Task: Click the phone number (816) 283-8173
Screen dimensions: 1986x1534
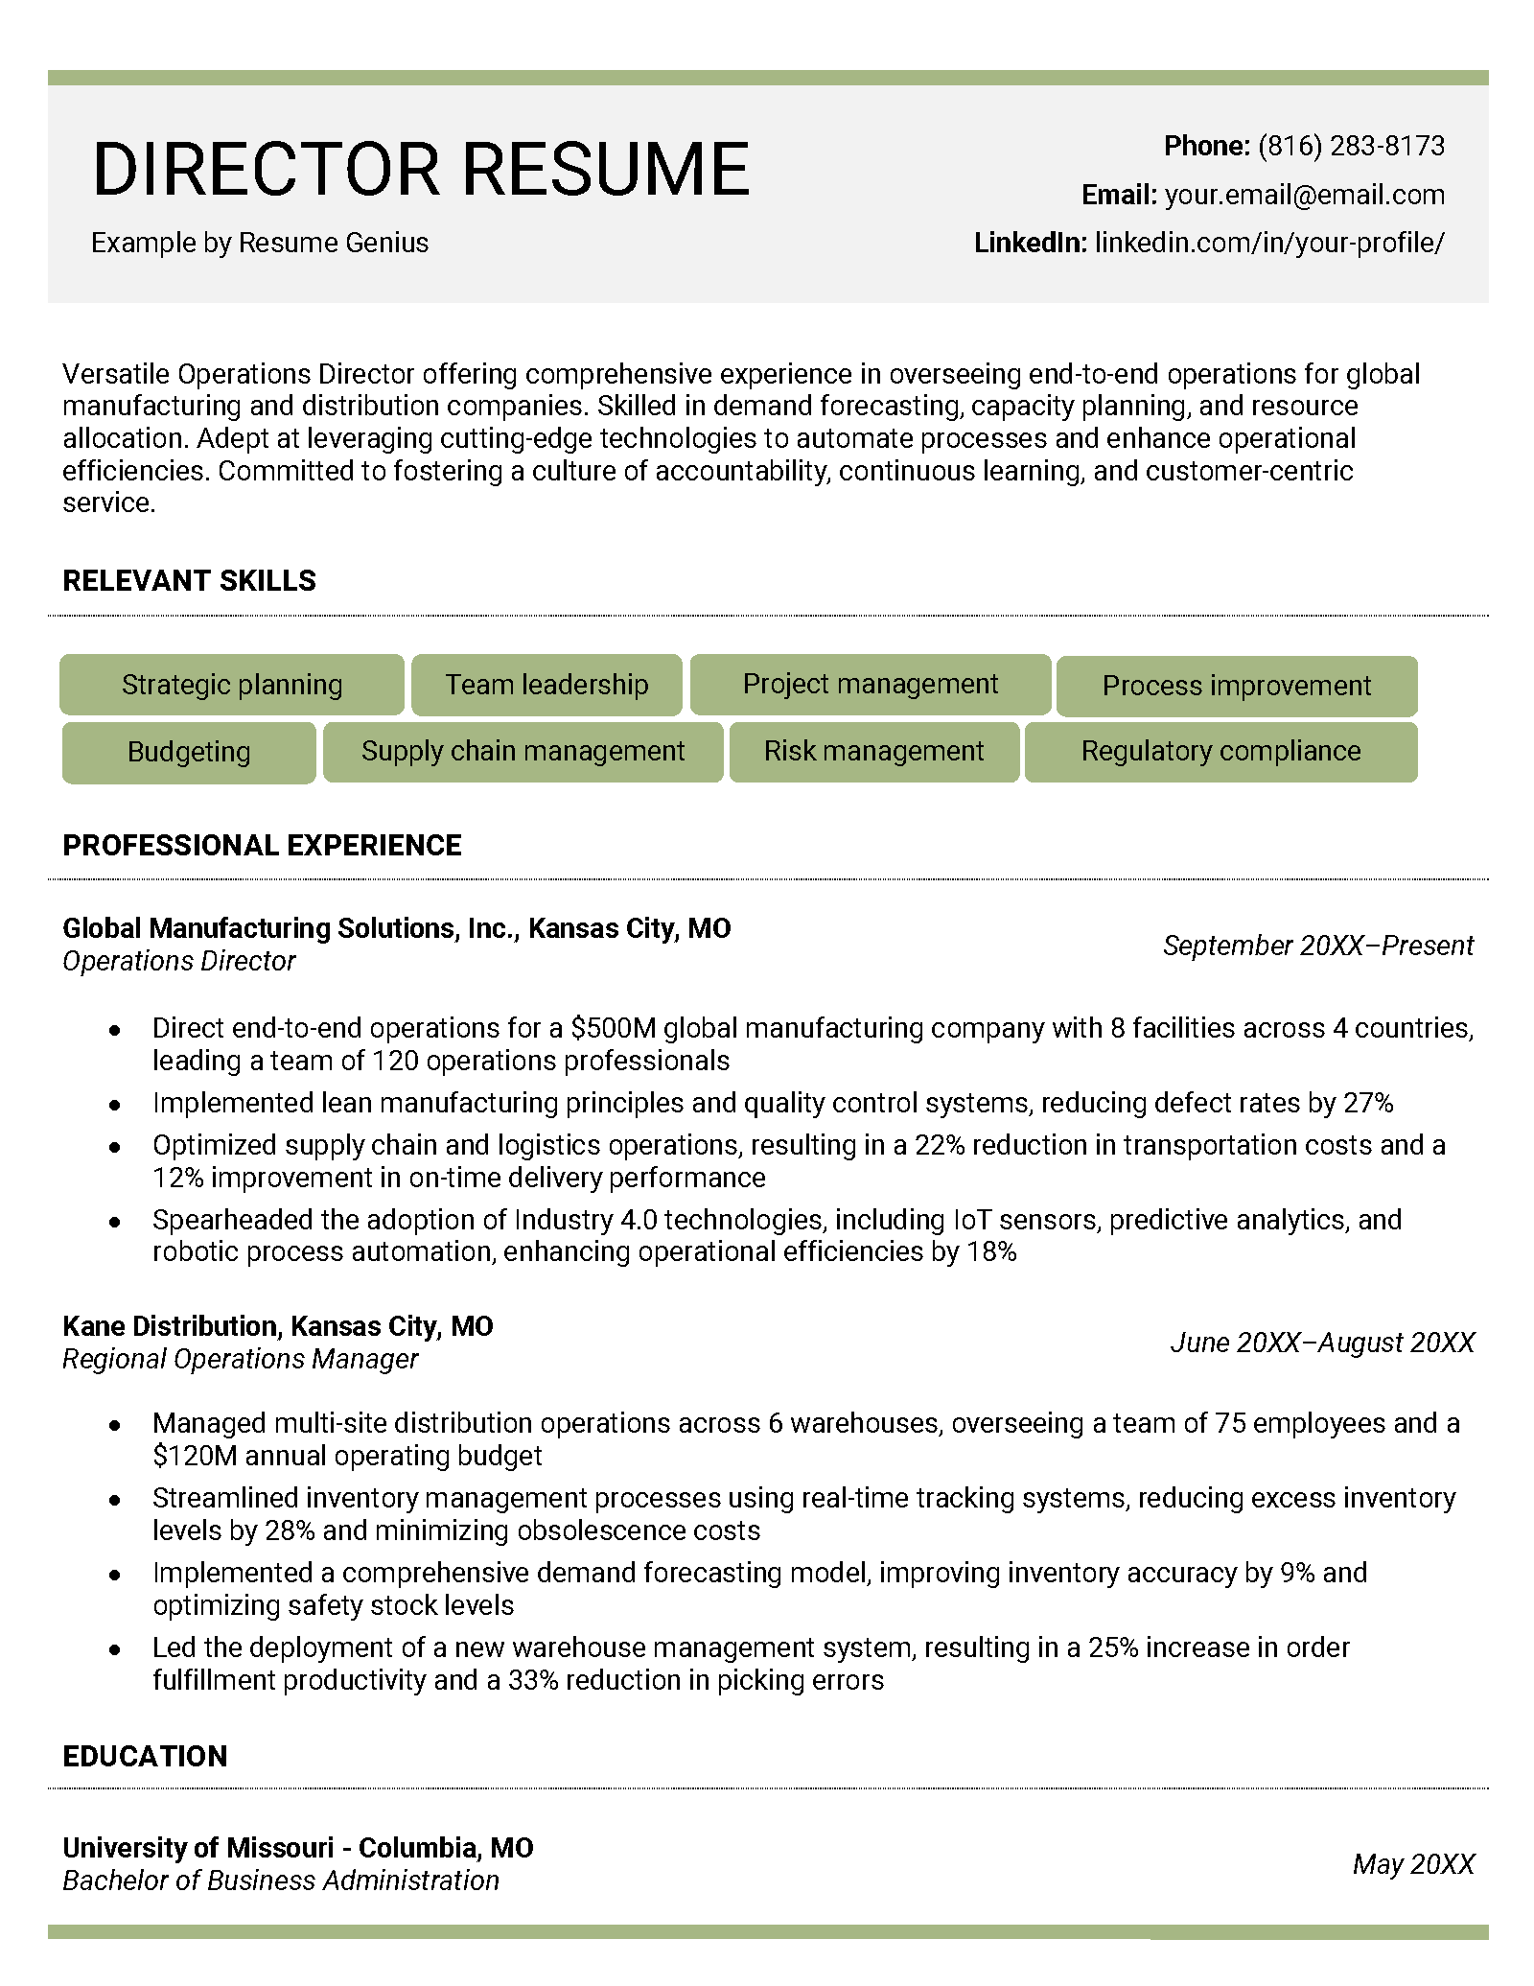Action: (x=1350, y=146)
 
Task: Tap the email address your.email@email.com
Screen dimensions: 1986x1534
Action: (x=1304, y=195)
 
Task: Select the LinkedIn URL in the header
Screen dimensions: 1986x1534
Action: (x=1268, y=243)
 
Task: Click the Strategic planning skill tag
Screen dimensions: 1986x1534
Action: (x=231, y=685)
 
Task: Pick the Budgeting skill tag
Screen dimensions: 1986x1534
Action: (x=189, y=752)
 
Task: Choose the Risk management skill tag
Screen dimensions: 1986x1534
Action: (x=873, y=751)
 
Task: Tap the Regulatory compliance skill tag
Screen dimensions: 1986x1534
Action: (x=1220, y=751)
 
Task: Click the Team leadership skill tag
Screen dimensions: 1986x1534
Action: (x=546, y=685)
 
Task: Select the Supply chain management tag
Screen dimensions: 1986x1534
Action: (x=523, y=751)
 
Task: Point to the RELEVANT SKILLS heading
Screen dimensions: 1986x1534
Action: (x=189, y=581)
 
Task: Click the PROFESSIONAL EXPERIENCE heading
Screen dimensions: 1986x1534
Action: (x=262, y=845)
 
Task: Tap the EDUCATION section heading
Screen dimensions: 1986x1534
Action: (x=145, y=1756)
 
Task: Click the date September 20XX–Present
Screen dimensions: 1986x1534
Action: (x=1317, y=946)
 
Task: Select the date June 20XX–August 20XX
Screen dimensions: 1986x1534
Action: (x=1321, y=1343)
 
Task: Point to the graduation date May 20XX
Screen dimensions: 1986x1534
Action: (x=1412, y=1864)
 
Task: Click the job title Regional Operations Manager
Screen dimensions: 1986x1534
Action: (x=240, y=1359)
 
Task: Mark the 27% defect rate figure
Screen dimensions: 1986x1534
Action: (x=1367, y=1103)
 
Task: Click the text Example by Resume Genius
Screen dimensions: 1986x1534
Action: (x=259, y=243)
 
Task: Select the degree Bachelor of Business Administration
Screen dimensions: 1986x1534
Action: (x=280, y=1881)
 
